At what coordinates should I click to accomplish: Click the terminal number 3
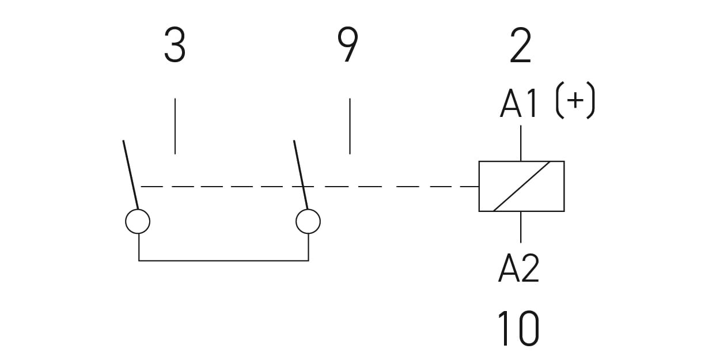tap(175, 46)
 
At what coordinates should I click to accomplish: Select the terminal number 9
tap(347, 46)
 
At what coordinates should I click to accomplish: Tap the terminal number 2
tap(520, 46)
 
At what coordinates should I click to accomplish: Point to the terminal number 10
tap(518, 328)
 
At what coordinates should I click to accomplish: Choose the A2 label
tap(518, 268)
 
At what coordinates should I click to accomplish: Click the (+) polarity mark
tap(575, 103)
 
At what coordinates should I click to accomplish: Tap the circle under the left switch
tap(138, 221)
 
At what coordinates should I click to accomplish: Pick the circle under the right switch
tap(308, 221)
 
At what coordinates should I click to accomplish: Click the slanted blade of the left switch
tap(131, 173)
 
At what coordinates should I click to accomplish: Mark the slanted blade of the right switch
tap(301, 173)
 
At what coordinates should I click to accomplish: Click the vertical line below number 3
tap(175, 126)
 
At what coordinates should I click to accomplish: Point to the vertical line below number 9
tap(350, 126)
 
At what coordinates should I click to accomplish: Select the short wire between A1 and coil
tap(521, 143)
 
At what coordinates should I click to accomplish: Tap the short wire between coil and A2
tap(521, 226)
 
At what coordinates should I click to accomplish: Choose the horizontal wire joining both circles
tap(223, 260)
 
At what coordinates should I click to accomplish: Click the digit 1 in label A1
tap(532, 104)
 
